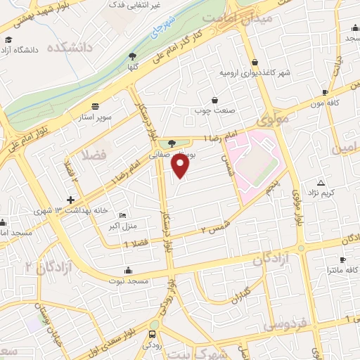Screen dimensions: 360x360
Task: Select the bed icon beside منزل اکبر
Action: click(x=124, y=215)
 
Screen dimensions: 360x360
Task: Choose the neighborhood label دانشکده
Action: click(x=70, y=48)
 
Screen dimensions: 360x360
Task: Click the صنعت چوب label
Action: click(x=214, y=110)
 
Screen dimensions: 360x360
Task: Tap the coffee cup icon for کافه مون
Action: click(x=325, y=92)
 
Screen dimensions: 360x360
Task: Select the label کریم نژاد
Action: click(x=326, y=193)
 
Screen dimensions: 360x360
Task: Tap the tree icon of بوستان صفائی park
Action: click(x=172, y=143)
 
